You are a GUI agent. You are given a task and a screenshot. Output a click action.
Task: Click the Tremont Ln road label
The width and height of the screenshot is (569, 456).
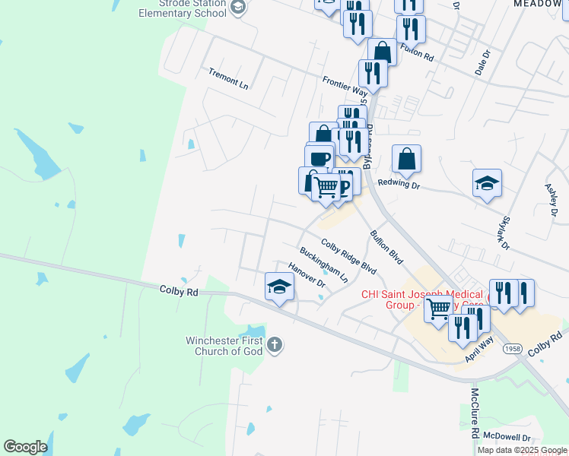[x=229, y=78]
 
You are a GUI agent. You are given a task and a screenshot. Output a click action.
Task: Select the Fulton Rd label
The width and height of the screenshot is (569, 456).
[x=416, y=53]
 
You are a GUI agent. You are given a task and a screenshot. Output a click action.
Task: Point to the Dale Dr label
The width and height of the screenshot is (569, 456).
[x=480, y=62]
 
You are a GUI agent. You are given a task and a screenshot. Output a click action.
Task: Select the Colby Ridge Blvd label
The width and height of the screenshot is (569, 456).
[x=348, y=257]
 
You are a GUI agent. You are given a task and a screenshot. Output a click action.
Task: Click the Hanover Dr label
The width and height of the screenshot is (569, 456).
[x=307, y=276]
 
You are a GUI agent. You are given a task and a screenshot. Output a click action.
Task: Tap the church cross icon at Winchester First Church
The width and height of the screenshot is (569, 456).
[x=274, y=346]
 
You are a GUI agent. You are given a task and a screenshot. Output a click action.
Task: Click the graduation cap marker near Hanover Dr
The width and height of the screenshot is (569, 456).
[x=279, y=287]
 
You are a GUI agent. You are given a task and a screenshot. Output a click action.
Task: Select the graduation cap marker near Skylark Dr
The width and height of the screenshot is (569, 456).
[x=487, y=183]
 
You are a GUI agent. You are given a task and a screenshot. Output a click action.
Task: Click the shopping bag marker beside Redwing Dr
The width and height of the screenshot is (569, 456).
[x=407, y=160]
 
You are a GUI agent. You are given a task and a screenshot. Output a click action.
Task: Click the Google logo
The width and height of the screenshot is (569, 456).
[x=25, y=447]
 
